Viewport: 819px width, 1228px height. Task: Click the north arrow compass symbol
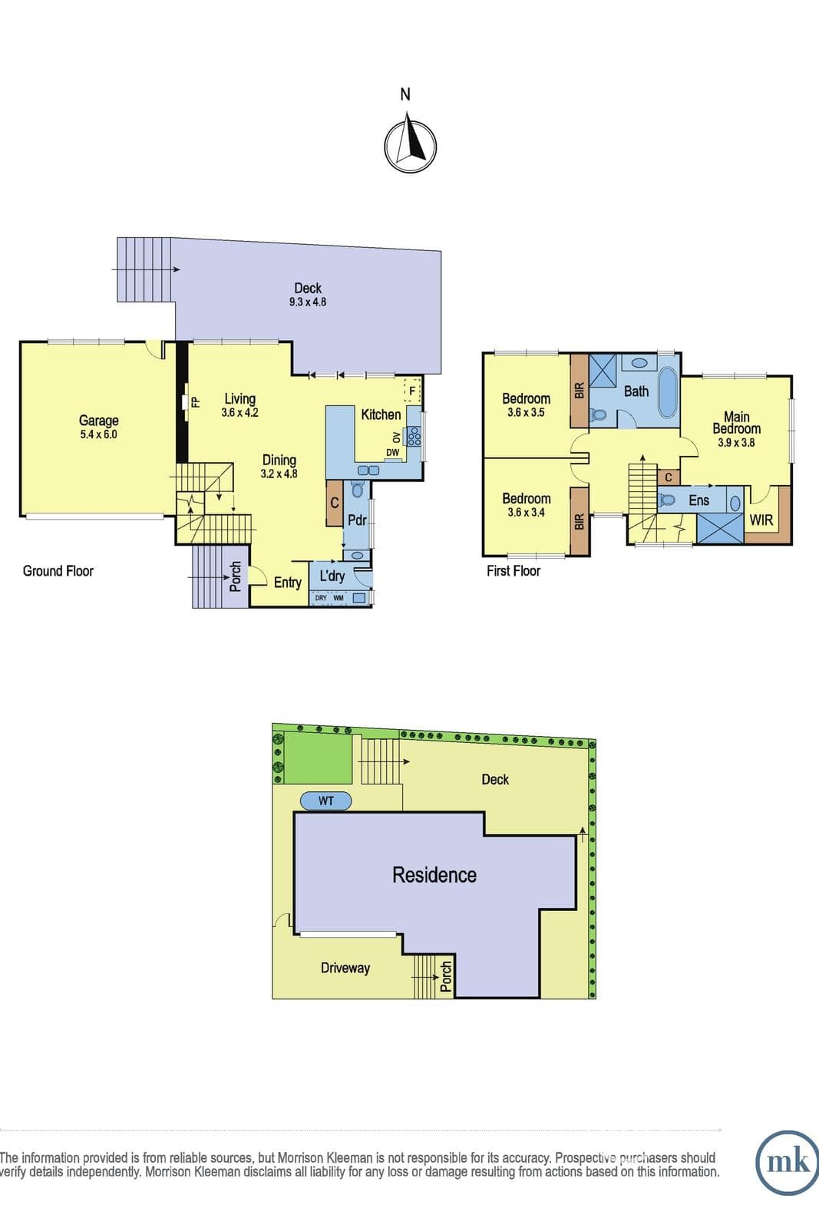pos(410,145)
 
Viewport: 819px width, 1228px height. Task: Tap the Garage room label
pos(99,421)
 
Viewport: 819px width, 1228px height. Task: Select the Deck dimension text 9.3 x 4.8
pos(308,302)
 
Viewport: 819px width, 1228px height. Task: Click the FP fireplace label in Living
pos(195,402)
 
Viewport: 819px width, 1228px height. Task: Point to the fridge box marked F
pos(412,391)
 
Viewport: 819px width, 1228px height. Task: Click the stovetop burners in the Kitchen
pos(414,437)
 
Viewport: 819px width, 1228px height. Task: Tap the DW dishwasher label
pos(392,452)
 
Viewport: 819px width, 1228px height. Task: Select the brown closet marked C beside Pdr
pos(335,503)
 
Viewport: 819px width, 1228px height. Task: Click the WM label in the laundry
pos(338,598)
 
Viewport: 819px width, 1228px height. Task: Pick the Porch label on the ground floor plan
pos(235,576)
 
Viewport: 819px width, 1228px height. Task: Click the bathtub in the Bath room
pos(666,392)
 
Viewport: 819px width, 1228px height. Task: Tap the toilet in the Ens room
pos(666,500)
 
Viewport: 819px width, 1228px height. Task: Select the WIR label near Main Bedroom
pos(761,520)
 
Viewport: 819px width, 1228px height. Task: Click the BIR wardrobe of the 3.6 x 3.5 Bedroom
pos(580,391)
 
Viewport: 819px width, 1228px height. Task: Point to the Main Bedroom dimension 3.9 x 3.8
pos(736,442)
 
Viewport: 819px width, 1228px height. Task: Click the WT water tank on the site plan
pos(325,801)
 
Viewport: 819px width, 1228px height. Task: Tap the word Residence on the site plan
pos(434,874)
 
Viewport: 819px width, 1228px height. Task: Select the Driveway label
pos(345,968)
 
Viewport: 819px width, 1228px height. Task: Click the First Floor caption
pos(514,571)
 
